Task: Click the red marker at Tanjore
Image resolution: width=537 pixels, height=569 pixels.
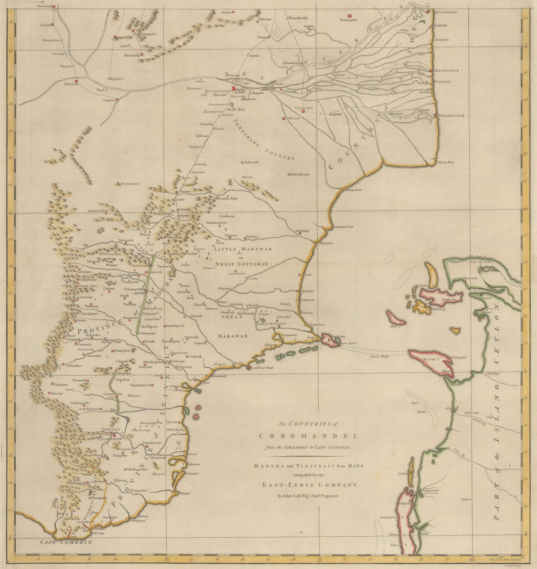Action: click(x=303, y=111)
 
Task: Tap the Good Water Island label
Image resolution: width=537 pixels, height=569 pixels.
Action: click(x=262, y=368)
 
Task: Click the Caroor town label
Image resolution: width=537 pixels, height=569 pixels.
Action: click(x=109, y=100)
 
